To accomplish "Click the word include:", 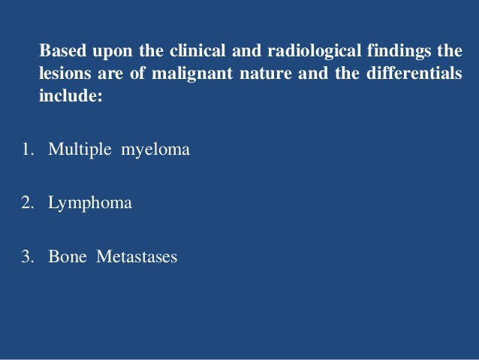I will point(70,97).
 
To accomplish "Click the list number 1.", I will point(26,150).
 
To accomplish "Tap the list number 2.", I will point(26,203).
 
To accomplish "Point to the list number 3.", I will point(26,257).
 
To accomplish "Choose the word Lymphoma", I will point(90,204).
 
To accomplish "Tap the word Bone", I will point(68,257).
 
